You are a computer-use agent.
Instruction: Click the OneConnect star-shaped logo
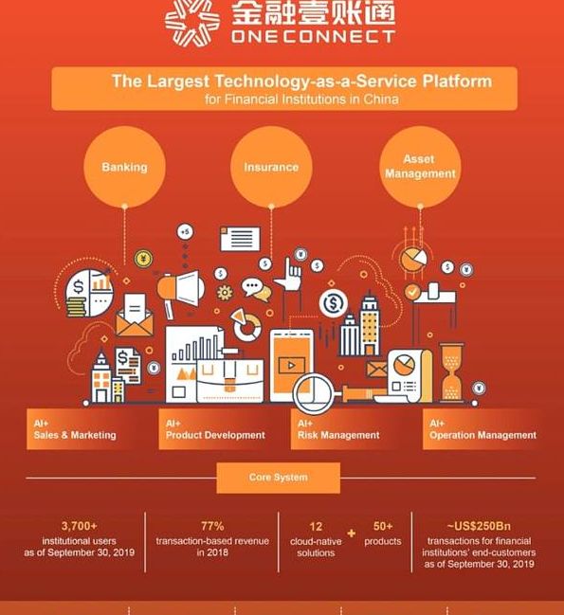(191, 23)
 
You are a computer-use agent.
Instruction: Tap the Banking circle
(124, 167)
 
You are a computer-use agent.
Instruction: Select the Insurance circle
(271, 167)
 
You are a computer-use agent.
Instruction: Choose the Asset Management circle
(420, 167)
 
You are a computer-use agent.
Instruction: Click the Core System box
(278, 478)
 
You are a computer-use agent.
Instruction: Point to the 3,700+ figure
(80, 526)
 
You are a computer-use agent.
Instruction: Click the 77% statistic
(212, 526)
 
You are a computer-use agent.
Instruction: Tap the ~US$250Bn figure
(479, 526)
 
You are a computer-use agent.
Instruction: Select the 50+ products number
(383, 526)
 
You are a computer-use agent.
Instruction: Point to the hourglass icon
(451, 371)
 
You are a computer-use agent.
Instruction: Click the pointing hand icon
(288, 274)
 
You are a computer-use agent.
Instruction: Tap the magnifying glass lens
(313, 392)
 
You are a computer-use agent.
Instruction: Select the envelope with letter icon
(135, 316)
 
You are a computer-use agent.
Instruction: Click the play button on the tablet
(291, 366)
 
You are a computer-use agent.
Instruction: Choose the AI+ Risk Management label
(338, 429)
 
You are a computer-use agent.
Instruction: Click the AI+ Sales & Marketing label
(75, 429)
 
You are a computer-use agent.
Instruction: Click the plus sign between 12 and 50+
(352, 533)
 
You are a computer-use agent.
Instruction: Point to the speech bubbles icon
(256, 289)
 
